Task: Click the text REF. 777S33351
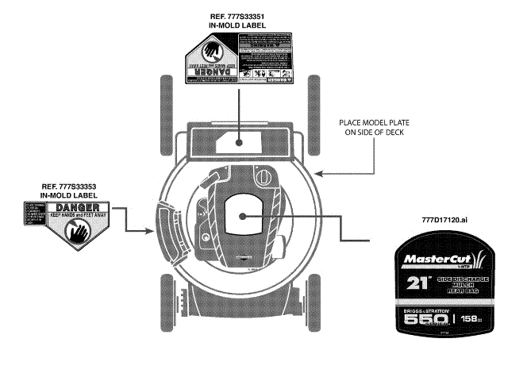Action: pyautogui.click(x=237, y=17)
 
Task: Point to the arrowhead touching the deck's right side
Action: pyautogui.click(x=318, y=171)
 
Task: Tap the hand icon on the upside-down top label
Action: pyautogui.click(x=208, y=56)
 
